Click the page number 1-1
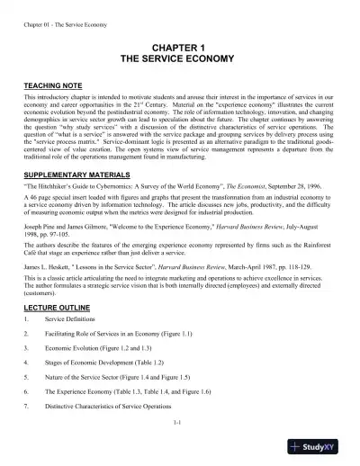tap(178, 445)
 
